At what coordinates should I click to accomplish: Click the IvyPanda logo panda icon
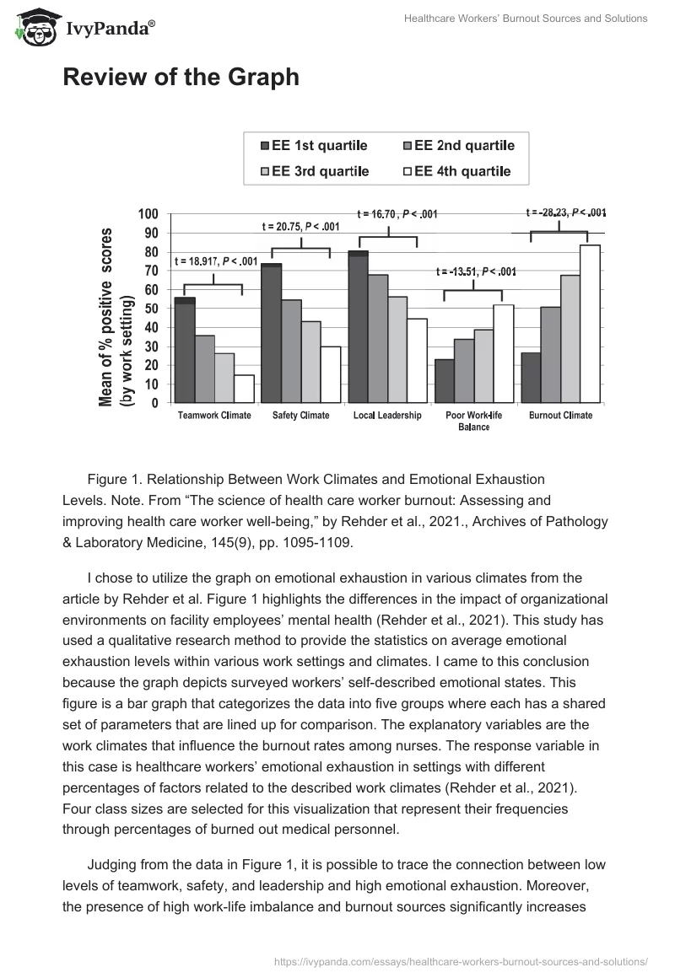click(x=33, y=28)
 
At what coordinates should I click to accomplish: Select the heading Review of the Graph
click(x=181, y=78)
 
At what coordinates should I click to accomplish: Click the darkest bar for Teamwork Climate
click(x=185, y=350)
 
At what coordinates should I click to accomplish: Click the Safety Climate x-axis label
click(x=300, y=416)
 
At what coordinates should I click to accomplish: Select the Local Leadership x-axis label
click(x=387, y=416)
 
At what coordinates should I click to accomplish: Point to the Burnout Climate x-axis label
click(x=561, y=416)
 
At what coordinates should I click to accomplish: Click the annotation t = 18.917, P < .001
click(x=216, y=261)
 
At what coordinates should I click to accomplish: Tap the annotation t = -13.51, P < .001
click(x=476, y=271)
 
